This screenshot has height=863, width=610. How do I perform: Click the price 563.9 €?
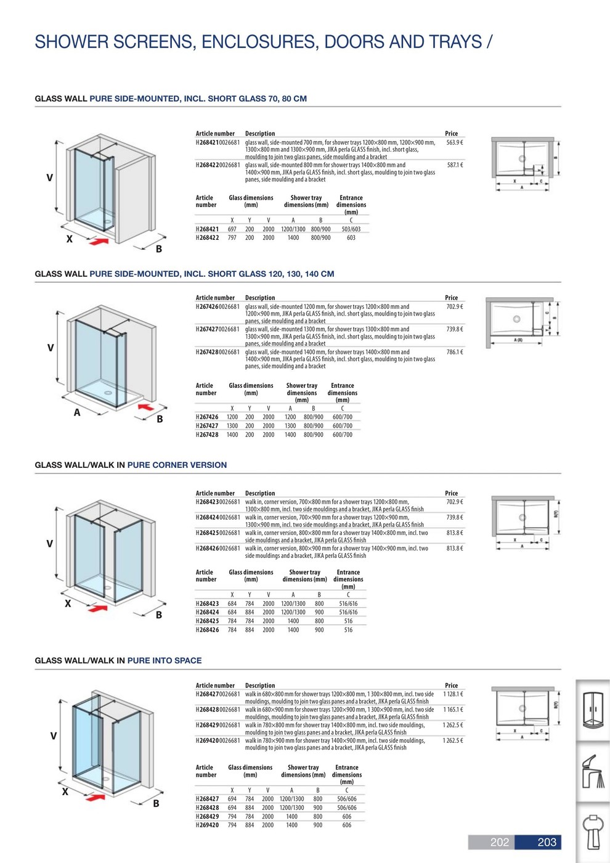click(454, 142)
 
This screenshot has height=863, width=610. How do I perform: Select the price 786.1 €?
click(454, 352)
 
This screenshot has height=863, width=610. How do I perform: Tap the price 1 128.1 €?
click(453, 694)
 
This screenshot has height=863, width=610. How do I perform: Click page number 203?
click(547, 842)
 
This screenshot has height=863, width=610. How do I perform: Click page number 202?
click(499, 842)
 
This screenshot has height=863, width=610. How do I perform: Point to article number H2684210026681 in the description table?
click(218, 142)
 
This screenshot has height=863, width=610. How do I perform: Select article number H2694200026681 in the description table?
click(218, 740)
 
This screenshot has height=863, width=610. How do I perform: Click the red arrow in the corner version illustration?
click(97, 608)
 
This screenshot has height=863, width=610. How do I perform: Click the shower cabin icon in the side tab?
click(593, 710)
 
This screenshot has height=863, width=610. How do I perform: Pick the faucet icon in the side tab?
click(593, 771)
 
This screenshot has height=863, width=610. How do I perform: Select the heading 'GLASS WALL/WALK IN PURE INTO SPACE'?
click(118, 660)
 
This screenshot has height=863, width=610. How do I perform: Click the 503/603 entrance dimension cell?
click(351, 229)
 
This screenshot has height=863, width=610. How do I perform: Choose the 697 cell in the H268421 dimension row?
click(232, 229)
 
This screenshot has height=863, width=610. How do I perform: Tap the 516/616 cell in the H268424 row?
click(348, 612)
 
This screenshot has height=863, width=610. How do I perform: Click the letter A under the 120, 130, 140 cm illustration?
click(77, 412)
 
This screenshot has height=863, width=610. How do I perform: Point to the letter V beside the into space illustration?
click(54, 735)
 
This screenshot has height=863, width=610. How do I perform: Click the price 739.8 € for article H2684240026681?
click(454, 517)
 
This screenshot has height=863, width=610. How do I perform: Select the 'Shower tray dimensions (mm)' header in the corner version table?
click(304, 576)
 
